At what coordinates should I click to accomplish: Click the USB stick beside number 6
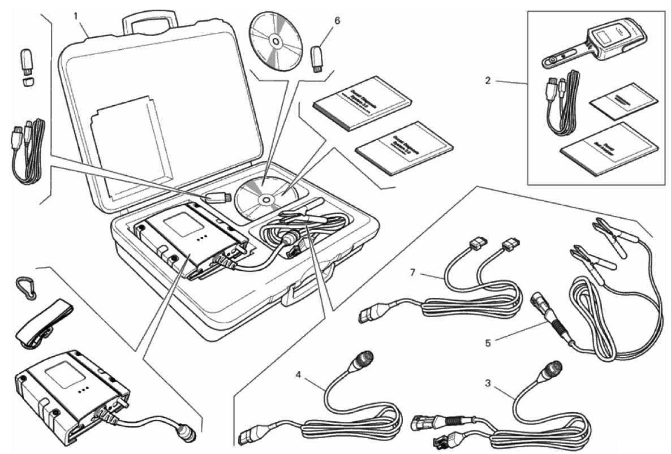[x=316, y=56]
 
